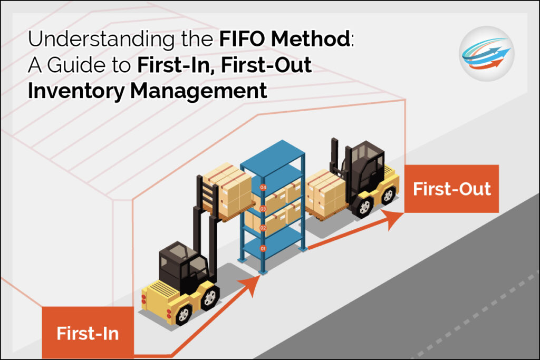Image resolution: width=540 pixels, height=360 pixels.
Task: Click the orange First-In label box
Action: coord(88,333)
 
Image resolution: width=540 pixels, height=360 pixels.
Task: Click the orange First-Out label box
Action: coord(451,189)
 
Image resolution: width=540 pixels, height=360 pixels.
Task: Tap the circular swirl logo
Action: coord(487,54)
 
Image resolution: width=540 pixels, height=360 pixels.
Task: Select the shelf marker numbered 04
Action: coord(263,188)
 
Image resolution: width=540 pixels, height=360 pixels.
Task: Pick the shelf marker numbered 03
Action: coord(263,209)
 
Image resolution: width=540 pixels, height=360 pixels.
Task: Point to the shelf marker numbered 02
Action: coord(263,228)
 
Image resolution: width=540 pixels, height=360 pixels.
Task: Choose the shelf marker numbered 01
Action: coord(263,248)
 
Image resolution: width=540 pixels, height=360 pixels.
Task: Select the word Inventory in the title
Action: coord(76,91)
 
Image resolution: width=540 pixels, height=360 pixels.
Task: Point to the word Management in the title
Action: coord(198,91)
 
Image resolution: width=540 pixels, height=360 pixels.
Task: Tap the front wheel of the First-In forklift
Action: coord(184,314)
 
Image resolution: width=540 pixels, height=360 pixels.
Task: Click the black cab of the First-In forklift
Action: coord(182,266)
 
